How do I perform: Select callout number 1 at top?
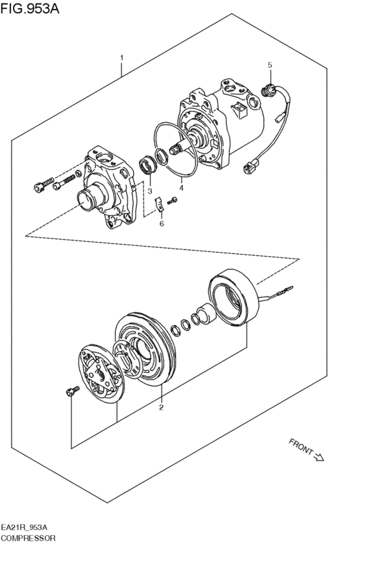[122, 58]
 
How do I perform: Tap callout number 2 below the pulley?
[161, 408]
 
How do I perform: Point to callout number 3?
[150, 192]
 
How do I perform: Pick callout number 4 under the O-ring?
[181, 188]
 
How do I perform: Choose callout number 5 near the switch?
[269, 65]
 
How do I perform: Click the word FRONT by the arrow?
[301, 446]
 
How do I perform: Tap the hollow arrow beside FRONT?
[320, 457]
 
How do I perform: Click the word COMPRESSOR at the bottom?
[28, 537]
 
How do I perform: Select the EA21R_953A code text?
[28, 527]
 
